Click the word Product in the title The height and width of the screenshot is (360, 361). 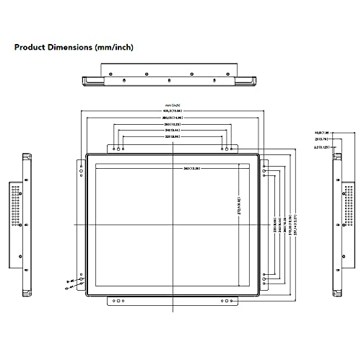click(32, 48)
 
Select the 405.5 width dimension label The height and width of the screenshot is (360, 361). click(172, 110)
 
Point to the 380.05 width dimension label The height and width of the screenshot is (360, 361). click(172, 118)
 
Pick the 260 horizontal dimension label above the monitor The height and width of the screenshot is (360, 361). click(172, 125)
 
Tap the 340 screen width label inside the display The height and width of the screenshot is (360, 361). click(192, 169)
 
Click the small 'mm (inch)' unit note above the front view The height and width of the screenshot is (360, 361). click(172, 105)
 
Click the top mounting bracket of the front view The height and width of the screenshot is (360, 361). click(172, 148)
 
